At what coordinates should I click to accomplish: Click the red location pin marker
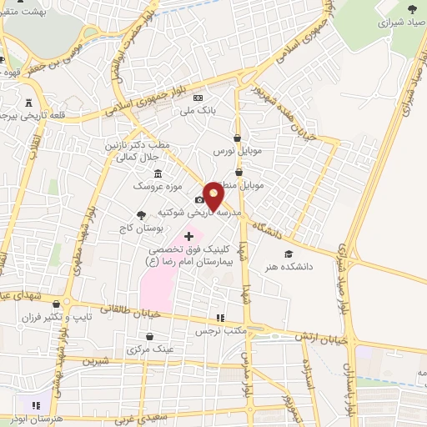click(214, 195)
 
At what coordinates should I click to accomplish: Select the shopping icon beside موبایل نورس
click(238, 138)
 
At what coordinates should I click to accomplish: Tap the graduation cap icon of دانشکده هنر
click(289, 254)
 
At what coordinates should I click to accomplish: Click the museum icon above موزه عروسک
click(158, 173)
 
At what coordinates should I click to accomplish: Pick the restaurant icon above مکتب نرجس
click(220, 318)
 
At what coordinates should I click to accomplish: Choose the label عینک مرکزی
click(149, 349)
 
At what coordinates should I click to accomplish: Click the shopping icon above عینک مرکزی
click(149, 337)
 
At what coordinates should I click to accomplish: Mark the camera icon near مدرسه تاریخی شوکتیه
click(199, 199)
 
